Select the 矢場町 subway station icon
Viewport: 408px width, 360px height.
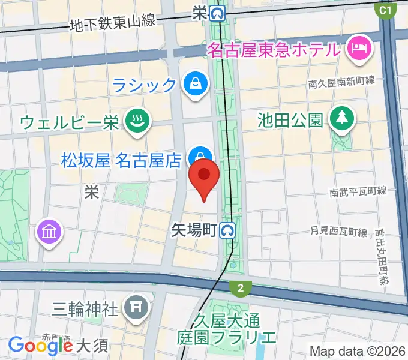click(x=227, y=229)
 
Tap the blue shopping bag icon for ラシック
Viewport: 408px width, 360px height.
click(x=195, y=83)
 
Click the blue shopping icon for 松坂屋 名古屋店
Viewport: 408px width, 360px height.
click(x=196, y=157)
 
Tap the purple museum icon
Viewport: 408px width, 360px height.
click(x=50, y=233)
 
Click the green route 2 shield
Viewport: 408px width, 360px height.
click(x=241, y=289)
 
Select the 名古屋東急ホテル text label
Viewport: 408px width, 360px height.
click(x=275, y=49)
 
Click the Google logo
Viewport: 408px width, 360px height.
click(x=40, y=345)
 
